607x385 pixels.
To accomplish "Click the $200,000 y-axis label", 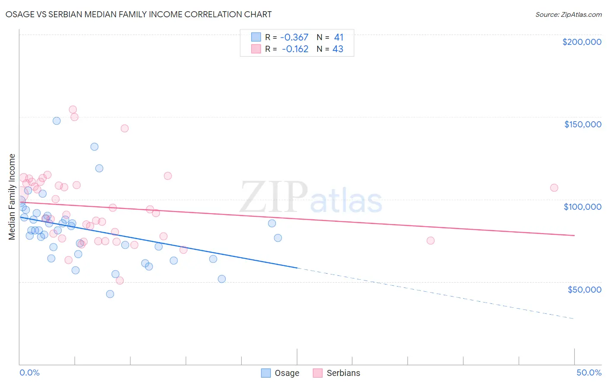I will point(582,42).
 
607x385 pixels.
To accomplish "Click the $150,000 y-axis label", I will point(582,124).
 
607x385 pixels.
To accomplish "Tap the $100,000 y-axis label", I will point(582,207).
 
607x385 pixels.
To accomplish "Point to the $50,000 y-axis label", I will point(584,289).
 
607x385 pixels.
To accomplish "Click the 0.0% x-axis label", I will point(29,372).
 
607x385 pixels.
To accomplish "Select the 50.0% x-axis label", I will point(589,372).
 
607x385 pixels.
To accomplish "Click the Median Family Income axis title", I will point(12,196).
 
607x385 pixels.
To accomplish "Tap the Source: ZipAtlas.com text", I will point(568,14).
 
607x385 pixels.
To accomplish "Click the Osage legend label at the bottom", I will point(287,373).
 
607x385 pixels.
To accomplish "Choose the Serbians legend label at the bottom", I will point(343,373).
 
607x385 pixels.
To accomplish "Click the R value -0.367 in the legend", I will point(294,37).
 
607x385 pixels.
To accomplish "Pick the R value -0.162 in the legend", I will point(295,49).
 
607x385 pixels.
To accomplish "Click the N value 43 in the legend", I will point(338,49).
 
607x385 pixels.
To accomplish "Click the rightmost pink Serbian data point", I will point(554,188).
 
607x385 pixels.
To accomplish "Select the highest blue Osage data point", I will point(57,121).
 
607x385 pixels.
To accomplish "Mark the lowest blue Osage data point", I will point(110,294).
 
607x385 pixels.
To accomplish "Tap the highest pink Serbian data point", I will point(73,110).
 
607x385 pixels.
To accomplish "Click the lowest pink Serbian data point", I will point(120,281).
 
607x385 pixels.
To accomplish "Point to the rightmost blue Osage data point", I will point(278,238).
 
